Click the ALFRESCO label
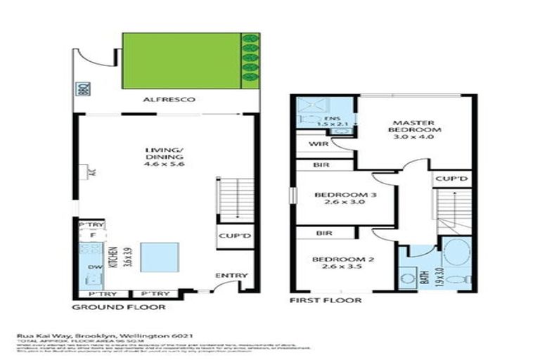166,100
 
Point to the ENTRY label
228,275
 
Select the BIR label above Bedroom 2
324,231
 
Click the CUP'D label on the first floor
451,179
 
